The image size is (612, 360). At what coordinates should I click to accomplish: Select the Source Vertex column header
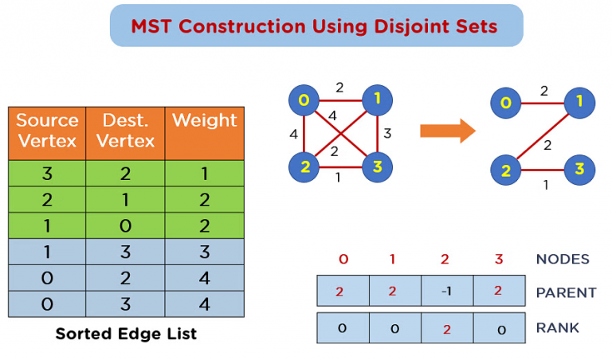coord(47,131)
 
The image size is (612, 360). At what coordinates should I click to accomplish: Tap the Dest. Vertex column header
coord(126,131)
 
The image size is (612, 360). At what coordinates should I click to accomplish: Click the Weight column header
coord(205,121)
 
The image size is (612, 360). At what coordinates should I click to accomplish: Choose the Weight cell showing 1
coord(205,173)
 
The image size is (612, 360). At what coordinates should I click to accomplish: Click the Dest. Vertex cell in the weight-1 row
coord(126,173)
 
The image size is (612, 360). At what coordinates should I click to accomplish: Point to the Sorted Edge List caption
coord(126,334)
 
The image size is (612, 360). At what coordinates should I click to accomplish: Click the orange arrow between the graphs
coord(447,131)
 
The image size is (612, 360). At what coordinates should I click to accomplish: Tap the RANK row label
coord(557,327)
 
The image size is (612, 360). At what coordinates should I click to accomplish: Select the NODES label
coord(563,259)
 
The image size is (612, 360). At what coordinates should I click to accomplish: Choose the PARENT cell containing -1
coord(447,291)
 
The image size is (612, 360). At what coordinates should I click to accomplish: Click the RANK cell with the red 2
coord(447,327)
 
